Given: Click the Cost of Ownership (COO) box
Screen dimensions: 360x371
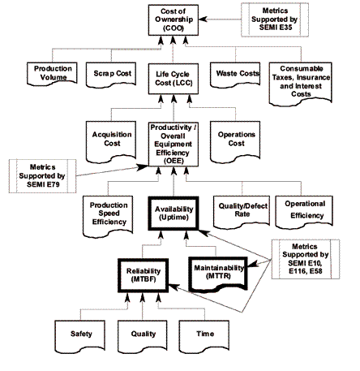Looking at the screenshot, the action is (174, 20).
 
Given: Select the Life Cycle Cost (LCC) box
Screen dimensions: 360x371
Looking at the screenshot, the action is (174, 79).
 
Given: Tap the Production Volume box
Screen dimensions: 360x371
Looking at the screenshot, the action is (52, 74).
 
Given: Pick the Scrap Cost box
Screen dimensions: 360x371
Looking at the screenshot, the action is (111, 75).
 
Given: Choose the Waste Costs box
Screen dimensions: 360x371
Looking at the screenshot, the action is (235, 75).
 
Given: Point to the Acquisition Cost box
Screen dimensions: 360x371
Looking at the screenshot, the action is (111, 141).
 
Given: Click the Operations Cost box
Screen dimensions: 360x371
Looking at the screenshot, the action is (235, 141).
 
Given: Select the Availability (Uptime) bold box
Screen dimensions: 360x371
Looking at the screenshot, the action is (174, 214).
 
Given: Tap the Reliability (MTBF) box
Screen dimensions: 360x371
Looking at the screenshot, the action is (144, 275).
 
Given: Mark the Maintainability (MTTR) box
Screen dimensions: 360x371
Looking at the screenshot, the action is (218, 274).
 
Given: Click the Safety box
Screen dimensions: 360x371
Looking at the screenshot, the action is (80, 336).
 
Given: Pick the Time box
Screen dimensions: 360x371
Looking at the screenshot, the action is (204, 336).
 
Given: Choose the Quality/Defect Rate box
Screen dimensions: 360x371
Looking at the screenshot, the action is (242, 212).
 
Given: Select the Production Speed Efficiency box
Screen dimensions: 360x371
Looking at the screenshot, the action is (108, 217).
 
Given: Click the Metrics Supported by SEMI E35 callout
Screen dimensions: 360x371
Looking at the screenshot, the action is (275, 19).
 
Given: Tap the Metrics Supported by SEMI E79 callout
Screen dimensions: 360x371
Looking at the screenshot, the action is (42, 176).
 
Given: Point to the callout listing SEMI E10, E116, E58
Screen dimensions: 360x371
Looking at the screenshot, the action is (306, 259).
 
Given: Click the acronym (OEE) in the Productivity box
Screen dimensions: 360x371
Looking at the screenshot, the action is (174, 161).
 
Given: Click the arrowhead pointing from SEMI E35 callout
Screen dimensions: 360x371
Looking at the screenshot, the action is (203, 19).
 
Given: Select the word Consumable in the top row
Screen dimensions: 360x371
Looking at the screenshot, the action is (302, 68).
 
